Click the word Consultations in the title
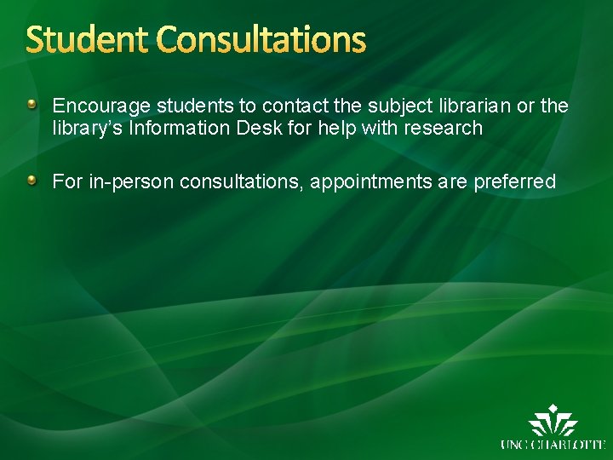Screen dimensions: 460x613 261,40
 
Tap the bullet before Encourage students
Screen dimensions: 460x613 32,105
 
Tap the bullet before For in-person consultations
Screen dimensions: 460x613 32,180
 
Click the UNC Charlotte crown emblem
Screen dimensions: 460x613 553,423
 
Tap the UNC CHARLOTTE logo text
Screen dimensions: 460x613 553,444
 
